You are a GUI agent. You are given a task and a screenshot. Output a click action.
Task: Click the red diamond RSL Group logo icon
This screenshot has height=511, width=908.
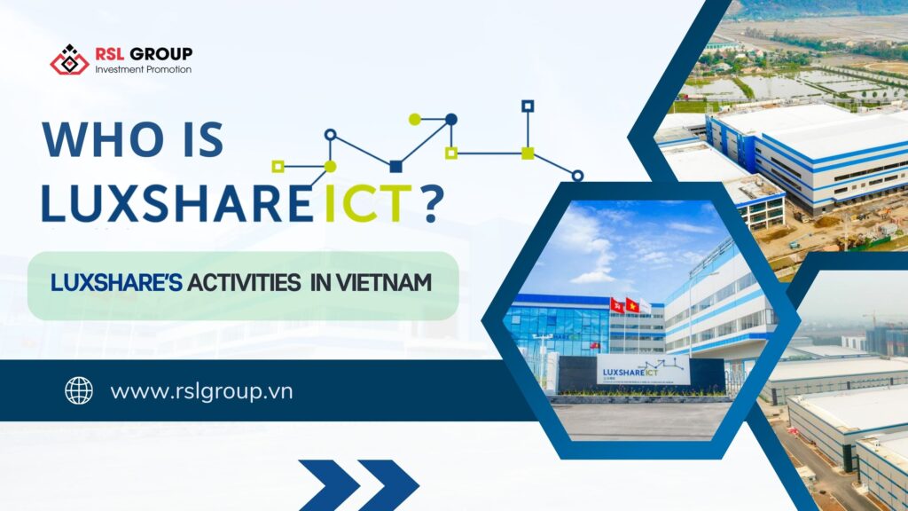69,59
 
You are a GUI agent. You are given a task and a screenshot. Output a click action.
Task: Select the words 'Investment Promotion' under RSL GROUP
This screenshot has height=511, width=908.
143,70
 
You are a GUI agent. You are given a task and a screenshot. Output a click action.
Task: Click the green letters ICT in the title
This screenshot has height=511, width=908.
364,202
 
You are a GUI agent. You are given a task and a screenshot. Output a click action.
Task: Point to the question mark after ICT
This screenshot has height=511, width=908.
433,202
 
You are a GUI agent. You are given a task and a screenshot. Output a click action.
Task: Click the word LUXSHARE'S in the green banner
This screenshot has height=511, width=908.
117,284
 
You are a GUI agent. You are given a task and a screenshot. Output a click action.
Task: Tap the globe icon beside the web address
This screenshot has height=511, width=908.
79,390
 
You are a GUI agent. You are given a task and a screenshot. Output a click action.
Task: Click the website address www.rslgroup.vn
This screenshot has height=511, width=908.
201,391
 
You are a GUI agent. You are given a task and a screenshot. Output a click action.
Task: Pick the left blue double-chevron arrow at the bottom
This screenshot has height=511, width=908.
329,484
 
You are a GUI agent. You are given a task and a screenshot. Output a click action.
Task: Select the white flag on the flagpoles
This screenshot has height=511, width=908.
646,308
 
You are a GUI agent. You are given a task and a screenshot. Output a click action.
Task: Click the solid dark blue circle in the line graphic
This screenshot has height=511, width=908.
450,119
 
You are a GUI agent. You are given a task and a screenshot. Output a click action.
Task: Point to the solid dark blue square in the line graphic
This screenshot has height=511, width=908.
395,166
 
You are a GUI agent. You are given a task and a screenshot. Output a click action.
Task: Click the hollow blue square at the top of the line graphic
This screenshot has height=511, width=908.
528,106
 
